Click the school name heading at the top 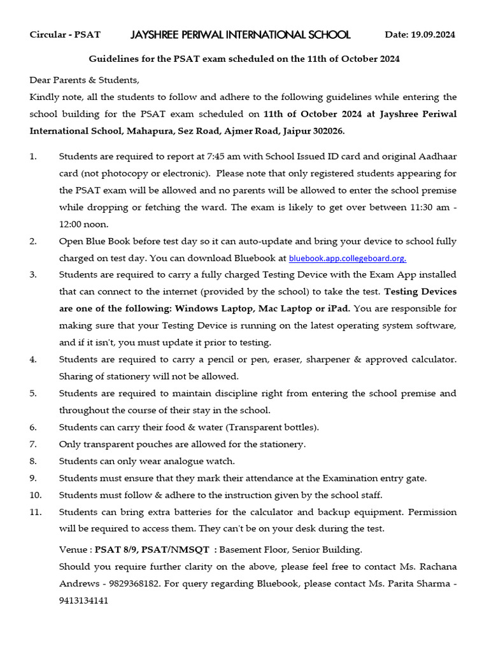pos(241,34)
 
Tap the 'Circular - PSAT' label pos(65,34)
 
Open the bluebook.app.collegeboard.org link pos(348,259)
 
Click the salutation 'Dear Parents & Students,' pos(84,80)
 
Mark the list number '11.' pos(36,512)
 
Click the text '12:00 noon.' pos(84,224)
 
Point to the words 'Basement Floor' pos(252,549)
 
